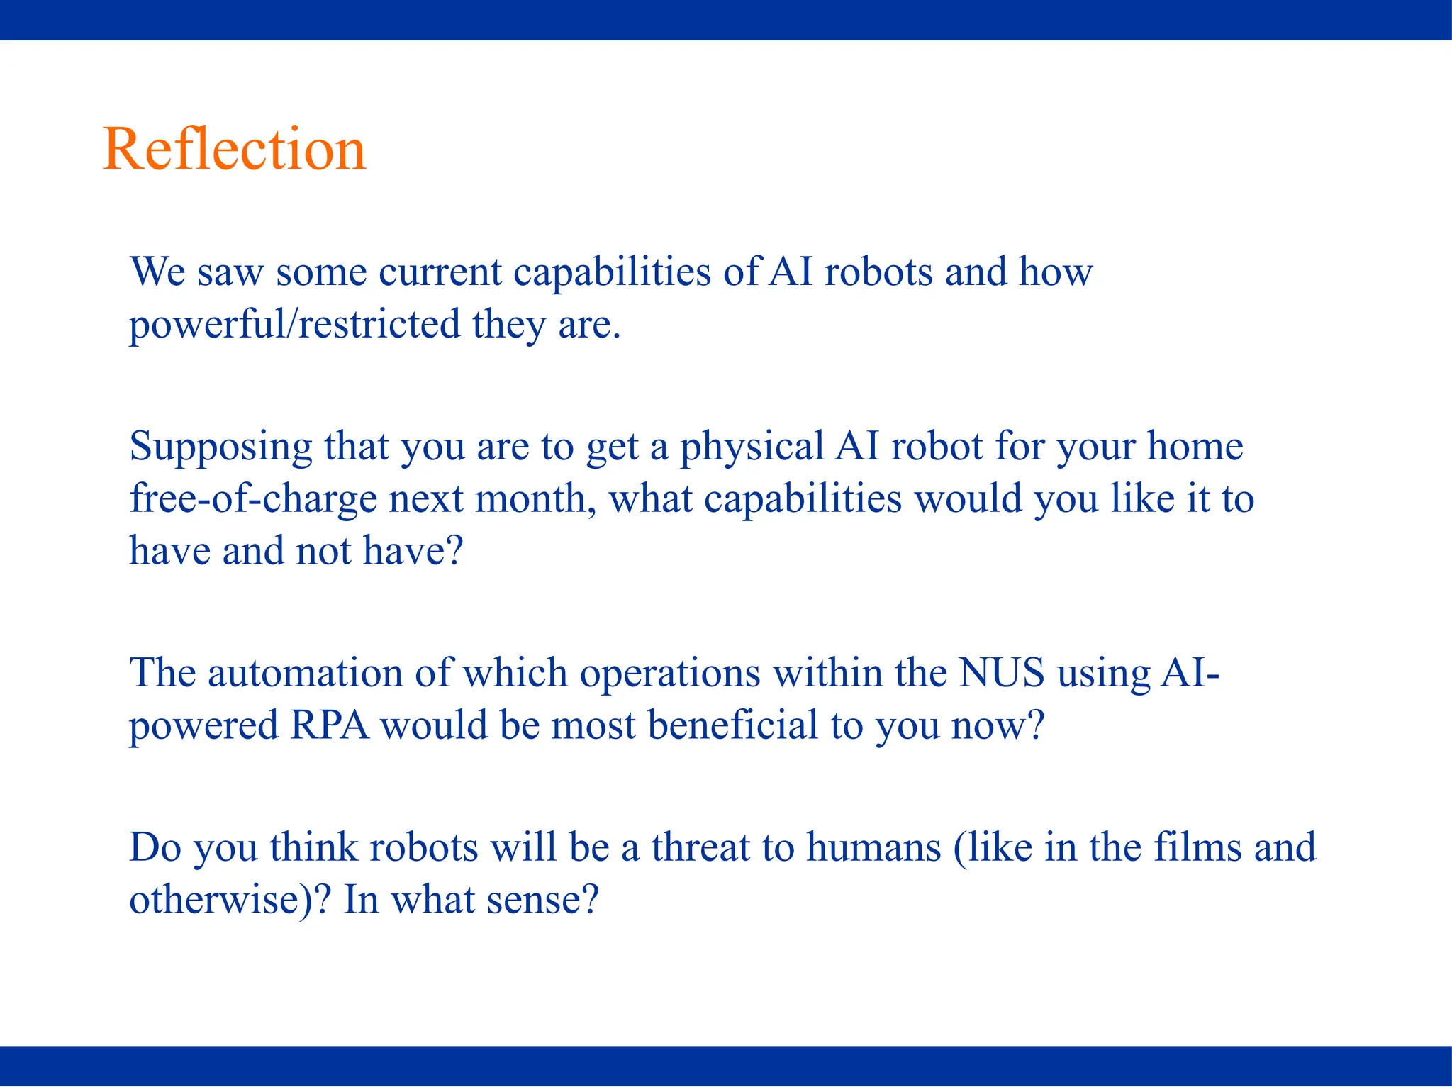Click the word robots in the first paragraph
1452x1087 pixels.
click(x=878, y=272)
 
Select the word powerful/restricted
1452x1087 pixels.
click(x=294, y=325)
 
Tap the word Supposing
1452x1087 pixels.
click(x=220, y=447)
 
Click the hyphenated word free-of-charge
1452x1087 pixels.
click(x=253, y=498)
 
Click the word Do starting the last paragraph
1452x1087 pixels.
click(x=155, y=847)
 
